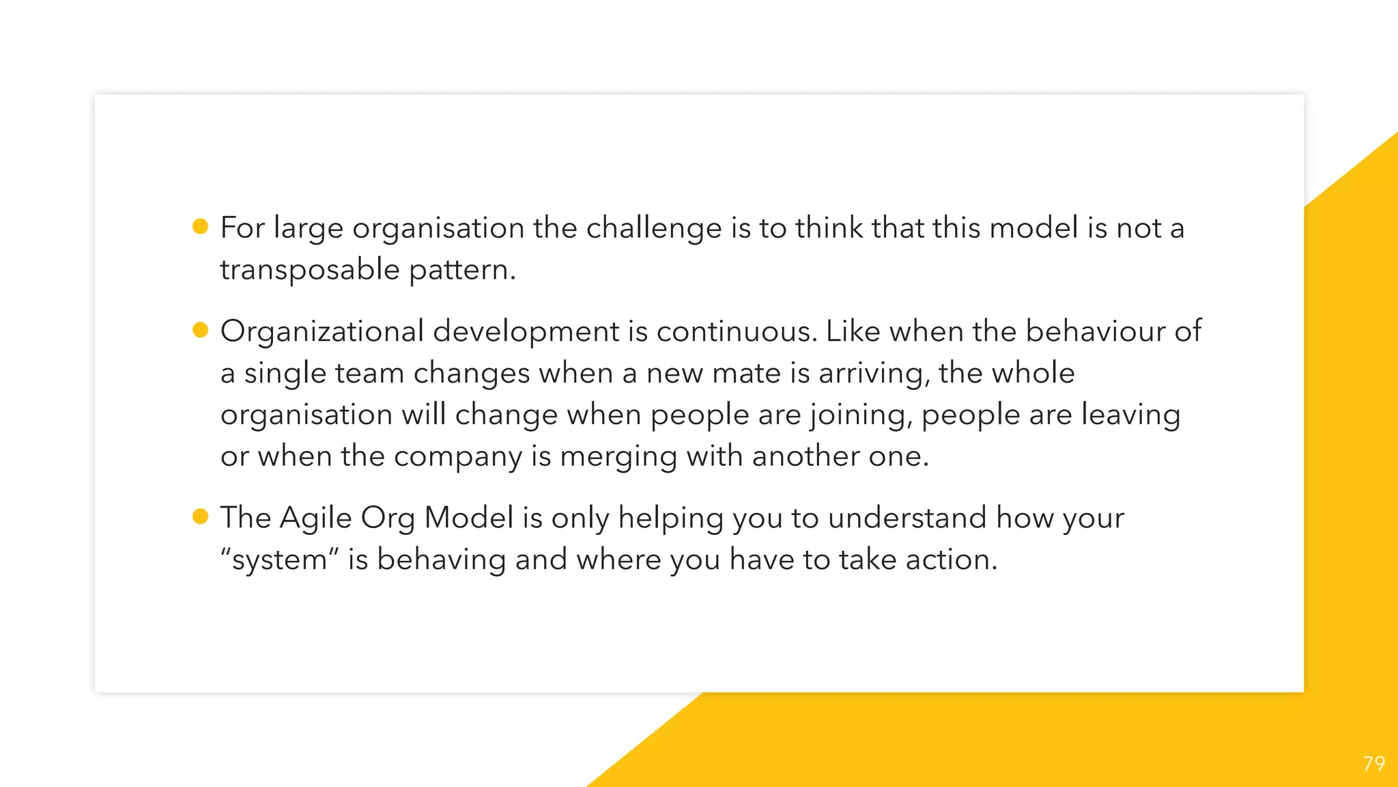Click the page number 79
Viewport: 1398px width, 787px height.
(x=1373, y=763)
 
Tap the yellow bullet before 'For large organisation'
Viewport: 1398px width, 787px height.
(x=200, y=226)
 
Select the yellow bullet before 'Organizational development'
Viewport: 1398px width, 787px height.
(x=200, y=330)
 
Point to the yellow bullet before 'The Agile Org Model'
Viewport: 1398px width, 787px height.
(x=200, y=516)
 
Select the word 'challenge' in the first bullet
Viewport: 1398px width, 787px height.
(x=653, y=228)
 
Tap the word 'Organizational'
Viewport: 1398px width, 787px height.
(x=322, y=332)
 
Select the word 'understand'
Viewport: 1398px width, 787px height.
(x=907, y=518)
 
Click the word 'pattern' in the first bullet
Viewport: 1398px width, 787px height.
(x=462, y=270)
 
